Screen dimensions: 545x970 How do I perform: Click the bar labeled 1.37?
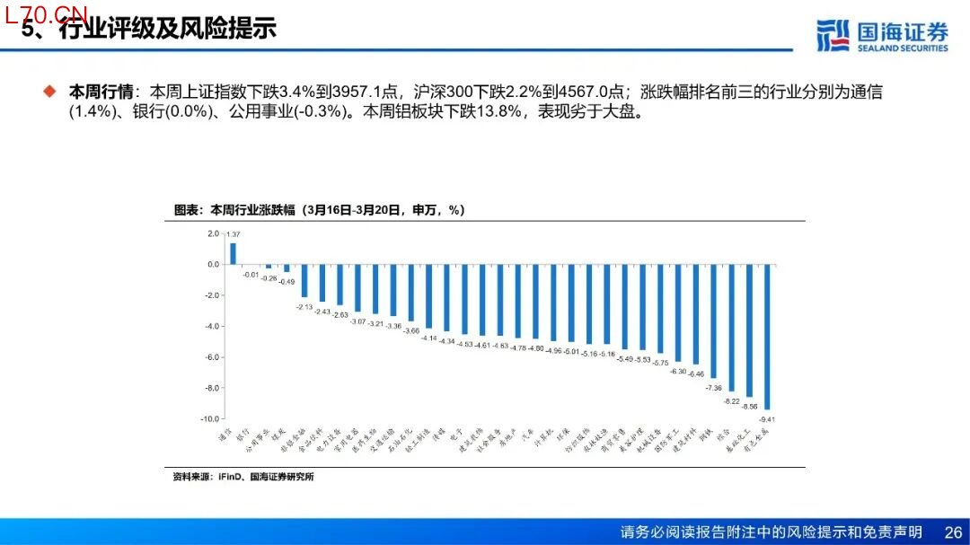233,254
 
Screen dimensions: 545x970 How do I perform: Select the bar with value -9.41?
767,337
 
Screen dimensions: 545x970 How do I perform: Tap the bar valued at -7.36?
714,321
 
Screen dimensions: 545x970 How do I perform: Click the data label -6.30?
678,371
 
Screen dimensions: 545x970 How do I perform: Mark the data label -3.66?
411,330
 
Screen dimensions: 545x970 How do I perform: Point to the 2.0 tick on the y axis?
213,233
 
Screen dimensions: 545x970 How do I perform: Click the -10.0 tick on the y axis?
210,419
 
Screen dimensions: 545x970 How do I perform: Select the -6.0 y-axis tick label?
212,357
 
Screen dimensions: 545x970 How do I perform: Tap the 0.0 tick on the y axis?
213,265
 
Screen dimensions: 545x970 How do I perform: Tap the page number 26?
953,532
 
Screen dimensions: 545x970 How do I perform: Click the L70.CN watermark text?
47,13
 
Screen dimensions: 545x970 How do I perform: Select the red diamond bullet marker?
50,92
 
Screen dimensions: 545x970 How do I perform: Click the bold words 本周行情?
101,92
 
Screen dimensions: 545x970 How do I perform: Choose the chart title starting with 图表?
319,210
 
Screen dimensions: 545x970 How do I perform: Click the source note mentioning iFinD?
243,477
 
